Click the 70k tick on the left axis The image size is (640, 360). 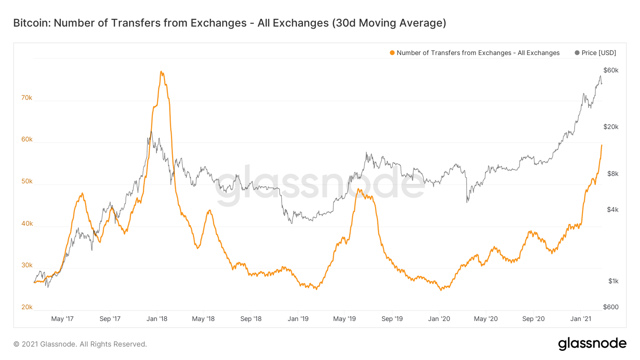click(27, 98)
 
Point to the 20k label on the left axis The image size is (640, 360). click(27, 307)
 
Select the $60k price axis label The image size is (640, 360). click(611, 70)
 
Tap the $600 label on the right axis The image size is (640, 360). click(611, 307)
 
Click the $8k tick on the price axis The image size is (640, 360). click(612, 174)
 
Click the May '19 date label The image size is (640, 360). click(345, 319)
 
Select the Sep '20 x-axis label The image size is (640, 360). click(533, 319)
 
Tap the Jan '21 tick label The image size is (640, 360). click(581, 319)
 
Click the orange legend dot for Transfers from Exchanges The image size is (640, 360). click(392, 53)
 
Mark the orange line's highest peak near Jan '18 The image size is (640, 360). click(161, 72)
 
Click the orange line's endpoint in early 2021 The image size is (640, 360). click(601, 145)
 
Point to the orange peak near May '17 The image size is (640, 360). click(82, 193)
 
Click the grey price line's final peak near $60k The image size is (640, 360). click(600, 76)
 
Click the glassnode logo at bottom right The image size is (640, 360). click(592, 344)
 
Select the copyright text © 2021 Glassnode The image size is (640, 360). click(80, 344)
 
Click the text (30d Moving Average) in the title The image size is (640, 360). click(389, 23)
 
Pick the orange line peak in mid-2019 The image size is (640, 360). click(359, 189)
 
